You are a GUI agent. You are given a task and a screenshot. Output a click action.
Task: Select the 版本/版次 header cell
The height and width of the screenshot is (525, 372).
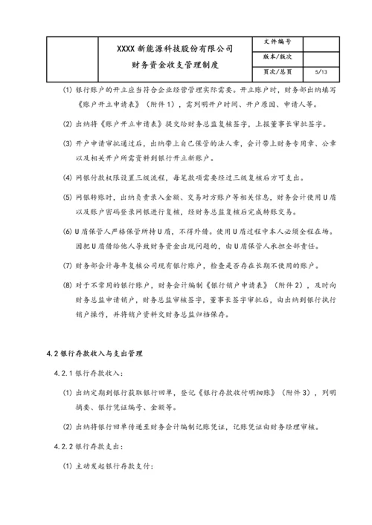(278, 57)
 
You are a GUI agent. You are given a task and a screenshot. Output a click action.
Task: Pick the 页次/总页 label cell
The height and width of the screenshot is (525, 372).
(278, 72)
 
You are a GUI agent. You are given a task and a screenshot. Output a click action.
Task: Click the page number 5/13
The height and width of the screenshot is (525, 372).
(321, 72)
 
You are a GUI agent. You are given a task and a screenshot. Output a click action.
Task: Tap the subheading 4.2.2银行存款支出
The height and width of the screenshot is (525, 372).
(94, 448)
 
